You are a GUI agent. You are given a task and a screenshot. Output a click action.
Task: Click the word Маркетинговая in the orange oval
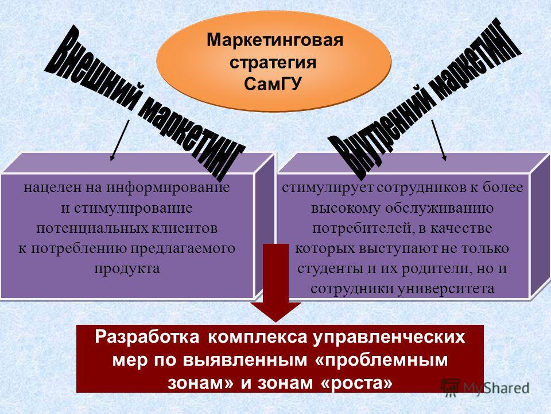pyautogui.click(x=274, y=41)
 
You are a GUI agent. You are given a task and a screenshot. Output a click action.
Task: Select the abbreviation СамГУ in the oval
pyautogui.click(x=273, y=84)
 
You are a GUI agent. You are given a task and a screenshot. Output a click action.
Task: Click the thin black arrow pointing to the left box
pyautogui.click(x=120, y=140)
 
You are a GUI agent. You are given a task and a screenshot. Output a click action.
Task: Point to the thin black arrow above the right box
pyautogui.click(x=439, y=140)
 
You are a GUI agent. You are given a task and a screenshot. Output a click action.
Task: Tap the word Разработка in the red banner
pyautogui.click(x=147, y=338)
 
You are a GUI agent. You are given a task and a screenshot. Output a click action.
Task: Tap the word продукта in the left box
pyautogui.click(x=127, y=269)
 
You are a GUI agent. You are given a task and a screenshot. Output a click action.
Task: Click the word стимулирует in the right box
pyautogui.click(x=328, y=188)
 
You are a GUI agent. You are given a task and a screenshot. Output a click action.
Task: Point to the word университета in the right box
pyautogui.click(x=447, y=289)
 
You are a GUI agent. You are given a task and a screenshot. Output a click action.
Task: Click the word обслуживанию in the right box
pyautogui.click(x=439, y=208)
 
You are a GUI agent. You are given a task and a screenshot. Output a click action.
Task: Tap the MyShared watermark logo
pyautogui.click(x=485, y=388)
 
